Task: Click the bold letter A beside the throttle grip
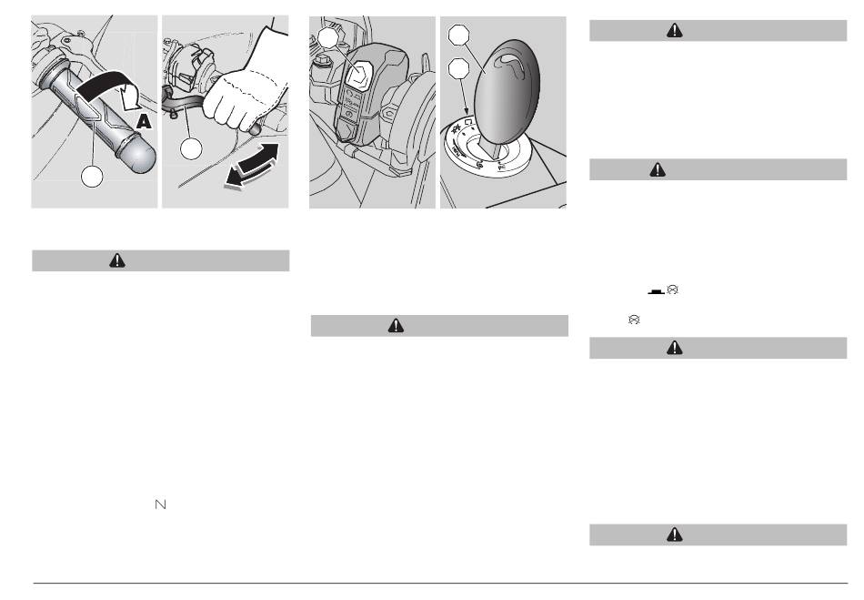pos(144,121)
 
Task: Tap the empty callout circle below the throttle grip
pos(92,177)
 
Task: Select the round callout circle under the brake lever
pos(191,149)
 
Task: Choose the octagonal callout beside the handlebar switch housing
pos(327,37)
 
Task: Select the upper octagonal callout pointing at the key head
pos(459,35)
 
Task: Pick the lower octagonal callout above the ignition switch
pos(459,69)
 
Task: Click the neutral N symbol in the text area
pos(160,504)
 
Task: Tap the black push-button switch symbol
pos(657,291)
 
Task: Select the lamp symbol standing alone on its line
pos(634,320)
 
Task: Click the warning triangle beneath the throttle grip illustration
pos(117,260)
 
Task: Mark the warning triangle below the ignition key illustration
pos(396,325)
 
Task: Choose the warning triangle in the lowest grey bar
pos(675,534)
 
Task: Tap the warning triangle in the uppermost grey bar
pos(675,30)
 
